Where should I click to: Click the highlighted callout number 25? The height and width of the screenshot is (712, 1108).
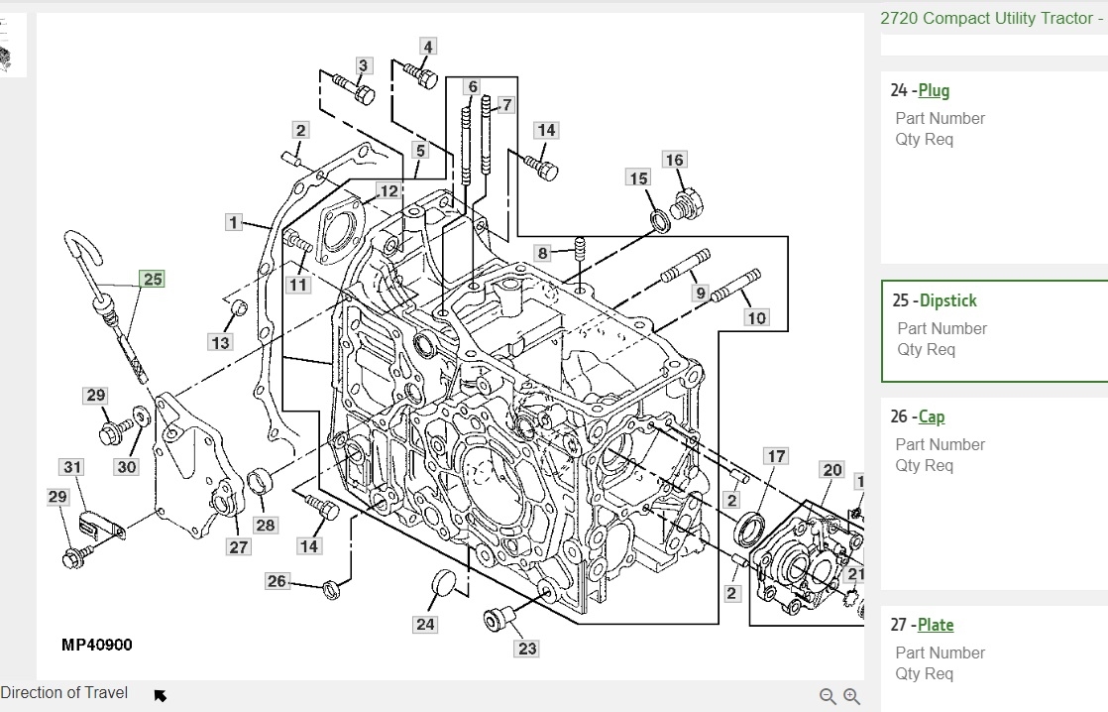(152, 280)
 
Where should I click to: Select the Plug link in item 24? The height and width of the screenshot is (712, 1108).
(934, 90)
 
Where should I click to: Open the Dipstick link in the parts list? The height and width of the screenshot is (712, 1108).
(947, 300)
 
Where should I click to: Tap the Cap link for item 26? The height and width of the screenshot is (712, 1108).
(931, 416)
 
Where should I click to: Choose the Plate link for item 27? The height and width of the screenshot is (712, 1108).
(936, 625)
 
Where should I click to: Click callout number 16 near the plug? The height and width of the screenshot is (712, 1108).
(674, 160)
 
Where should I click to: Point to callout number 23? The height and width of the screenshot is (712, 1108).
(527, 649)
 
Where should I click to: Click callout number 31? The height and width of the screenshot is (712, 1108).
(72, 467)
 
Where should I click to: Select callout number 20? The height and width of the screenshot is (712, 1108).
(831, 470)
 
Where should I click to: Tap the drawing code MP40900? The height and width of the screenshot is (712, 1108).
(96, 645)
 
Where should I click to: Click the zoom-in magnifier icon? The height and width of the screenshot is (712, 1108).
(851, 696)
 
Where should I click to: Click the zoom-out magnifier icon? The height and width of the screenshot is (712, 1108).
(828, 696)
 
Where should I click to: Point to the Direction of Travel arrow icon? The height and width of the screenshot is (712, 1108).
(161, 695)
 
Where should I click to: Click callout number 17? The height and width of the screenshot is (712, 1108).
(776, 456)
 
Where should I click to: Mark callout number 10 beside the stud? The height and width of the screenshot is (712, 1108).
(756, 317)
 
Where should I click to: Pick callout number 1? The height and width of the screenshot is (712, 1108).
(234, 222)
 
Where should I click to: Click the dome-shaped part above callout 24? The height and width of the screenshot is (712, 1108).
(443, 589)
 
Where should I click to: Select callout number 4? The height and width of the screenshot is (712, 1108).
(427, 47)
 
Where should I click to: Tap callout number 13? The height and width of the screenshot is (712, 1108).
(219, 342)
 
